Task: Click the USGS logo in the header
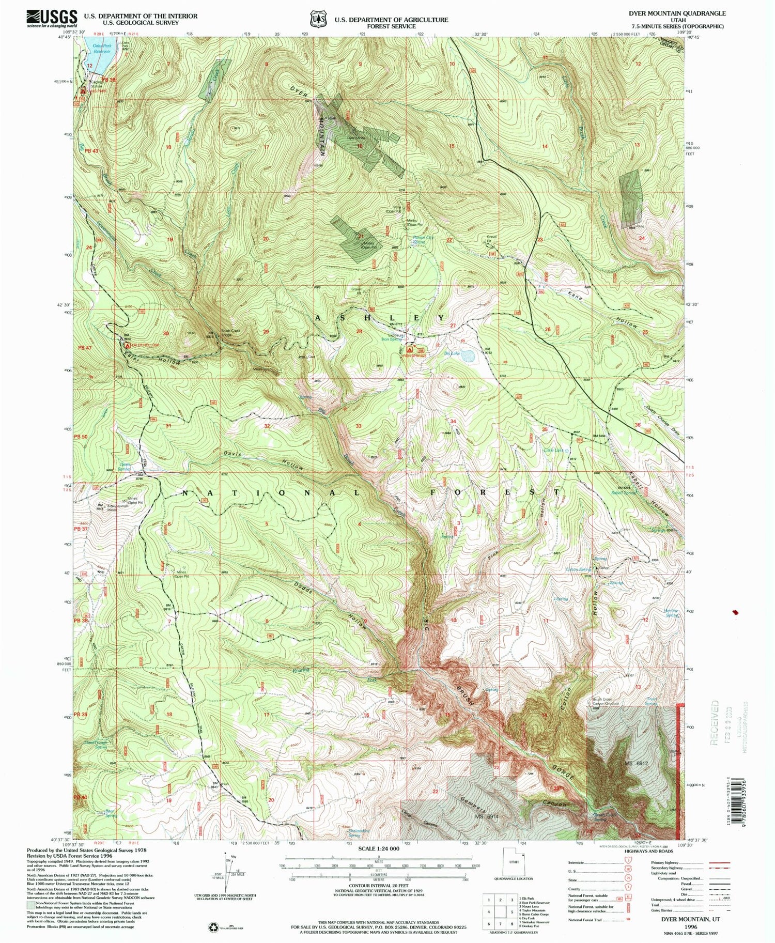pyautogui.click(x=52, y=19)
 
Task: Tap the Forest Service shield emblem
pyautogui.click(x=317, y=19)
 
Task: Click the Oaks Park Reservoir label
pyautogui.click(x=101, y=49)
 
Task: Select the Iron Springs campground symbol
pyautogui.click(x=410, y=350)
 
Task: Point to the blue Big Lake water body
pyautogui.click(x=468, y=356)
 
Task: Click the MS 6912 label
pyautogui.click(x=636, y=763)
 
